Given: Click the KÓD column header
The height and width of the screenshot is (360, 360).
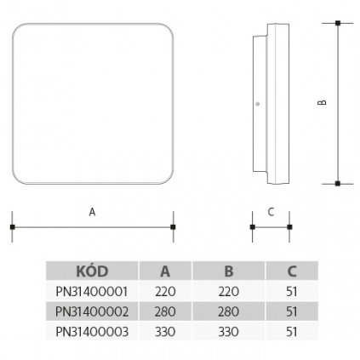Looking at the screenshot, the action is point(92,271).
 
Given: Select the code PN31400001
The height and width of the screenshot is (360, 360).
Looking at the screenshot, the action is point(92,291).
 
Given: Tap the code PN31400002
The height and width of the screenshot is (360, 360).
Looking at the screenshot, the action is point(92,311).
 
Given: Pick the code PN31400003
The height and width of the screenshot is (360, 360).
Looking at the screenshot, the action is point(92,332).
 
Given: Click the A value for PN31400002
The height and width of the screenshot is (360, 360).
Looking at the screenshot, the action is point(165,311).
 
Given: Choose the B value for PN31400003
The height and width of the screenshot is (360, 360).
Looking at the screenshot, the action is point(228,332).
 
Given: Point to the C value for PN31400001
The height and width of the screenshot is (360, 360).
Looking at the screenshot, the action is point(292,291).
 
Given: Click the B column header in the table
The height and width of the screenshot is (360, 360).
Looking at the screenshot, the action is point(229,271).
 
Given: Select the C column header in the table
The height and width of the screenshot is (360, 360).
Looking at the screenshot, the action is point(292,271).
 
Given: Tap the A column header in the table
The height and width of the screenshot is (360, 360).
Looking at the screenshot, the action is point(165,271).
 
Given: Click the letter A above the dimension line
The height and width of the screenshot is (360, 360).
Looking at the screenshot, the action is point(92,212).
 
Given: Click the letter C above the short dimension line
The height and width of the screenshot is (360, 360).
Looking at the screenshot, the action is point(271,212).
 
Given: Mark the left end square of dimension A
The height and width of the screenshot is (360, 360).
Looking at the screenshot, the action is point(12,227).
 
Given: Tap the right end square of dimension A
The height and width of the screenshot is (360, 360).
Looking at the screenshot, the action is point(173,227).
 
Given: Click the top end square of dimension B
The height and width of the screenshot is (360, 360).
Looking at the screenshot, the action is point(338,23).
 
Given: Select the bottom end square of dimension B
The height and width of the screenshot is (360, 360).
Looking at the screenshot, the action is point(338,184).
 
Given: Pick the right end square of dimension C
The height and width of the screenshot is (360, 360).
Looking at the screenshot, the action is point(289,227).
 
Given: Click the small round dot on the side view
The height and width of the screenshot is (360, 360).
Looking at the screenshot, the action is point(258,104).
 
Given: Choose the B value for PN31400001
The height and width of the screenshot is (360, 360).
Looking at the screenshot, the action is point(228,291).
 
